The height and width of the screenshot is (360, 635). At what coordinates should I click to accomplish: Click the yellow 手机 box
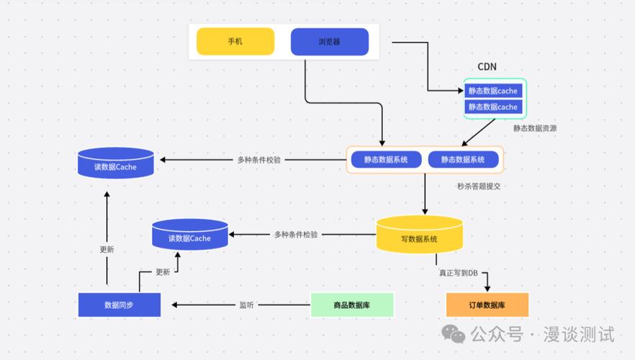pyautogui.click(x=235, y=42)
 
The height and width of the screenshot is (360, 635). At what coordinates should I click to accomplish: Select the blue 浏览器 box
pyautogui.click(x=330, y=42)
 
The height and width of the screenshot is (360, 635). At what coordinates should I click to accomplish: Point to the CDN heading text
pyautogui.click(x=487, y=67)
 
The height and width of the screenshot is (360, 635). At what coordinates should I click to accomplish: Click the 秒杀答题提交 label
pyautogui.click(x=478, y=186)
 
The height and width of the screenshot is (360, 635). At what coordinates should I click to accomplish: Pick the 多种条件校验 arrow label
pyautogui.click(x=259, y=160)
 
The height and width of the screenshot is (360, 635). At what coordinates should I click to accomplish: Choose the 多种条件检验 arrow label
pyautogui.click(x=296, y=235)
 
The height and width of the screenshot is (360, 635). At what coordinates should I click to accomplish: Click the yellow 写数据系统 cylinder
pyautogui.click(x=420, y=235)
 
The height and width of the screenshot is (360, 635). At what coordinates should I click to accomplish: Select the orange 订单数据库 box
pyautogui.click(x=487, y=305)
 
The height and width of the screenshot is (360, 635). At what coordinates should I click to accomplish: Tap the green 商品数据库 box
pyautogui.click(x=352, y=305)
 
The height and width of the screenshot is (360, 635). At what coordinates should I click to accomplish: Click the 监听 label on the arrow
pyautogui.click(x=246, y=305)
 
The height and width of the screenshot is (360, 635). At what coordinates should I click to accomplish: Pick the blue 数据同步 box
pyautogui.click(x=119, y=305)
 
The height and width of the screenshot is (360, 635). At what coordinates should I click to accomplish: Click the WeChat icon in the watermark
pyautogui.click(x=454, y=334)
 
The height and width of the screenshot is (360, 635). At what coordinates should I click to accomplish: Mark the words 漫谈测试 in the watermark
pyautogui.click(x=579, y=335)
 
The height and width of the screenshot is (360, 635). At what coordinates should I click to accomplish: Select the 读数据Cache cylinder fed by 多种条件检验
pyautogui.click(x=190, y=235)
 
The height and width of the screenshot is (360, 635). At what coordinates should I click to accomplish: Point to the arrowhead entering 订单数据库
pyautogui.click(x=487, y=287)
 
